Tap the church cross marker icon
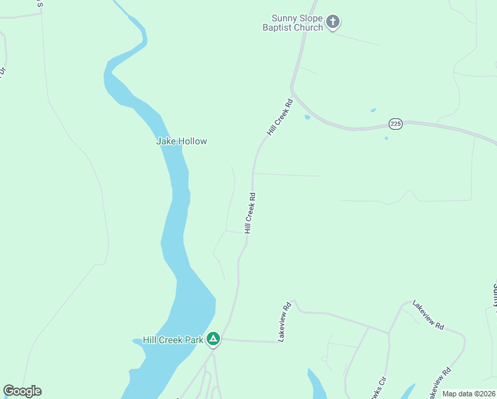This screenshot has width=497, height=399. (333, 23)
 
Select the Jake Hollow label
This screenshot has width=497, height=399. (181, 141)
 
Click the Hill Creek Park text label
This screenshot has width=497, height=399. (173, 340)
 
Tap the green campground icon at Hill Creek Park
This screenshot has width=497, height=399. (213, 339)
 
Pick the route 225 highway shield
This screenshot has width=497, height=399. (395, 124)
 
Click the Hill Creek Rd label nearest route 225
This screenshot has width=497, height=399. (280, 118)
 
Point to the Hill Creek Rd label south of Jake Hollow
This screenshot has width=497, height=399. (250, 213)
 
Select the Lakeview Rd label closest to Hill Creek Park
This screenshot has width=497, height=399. (285, 322)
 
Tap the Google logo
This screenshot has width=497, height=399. (22, 391)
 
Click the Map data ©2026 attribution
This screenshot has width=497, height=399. (469, 394)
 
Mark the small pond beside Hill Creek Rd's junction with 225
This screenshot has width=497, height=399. (307, 117)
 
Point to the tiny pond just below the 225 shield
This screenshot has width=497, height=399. (386, 138)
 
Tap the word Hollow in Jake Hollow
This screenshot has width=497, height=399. (193, 141)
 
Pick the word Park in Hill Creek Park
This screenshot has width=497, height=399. (194, 340)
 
